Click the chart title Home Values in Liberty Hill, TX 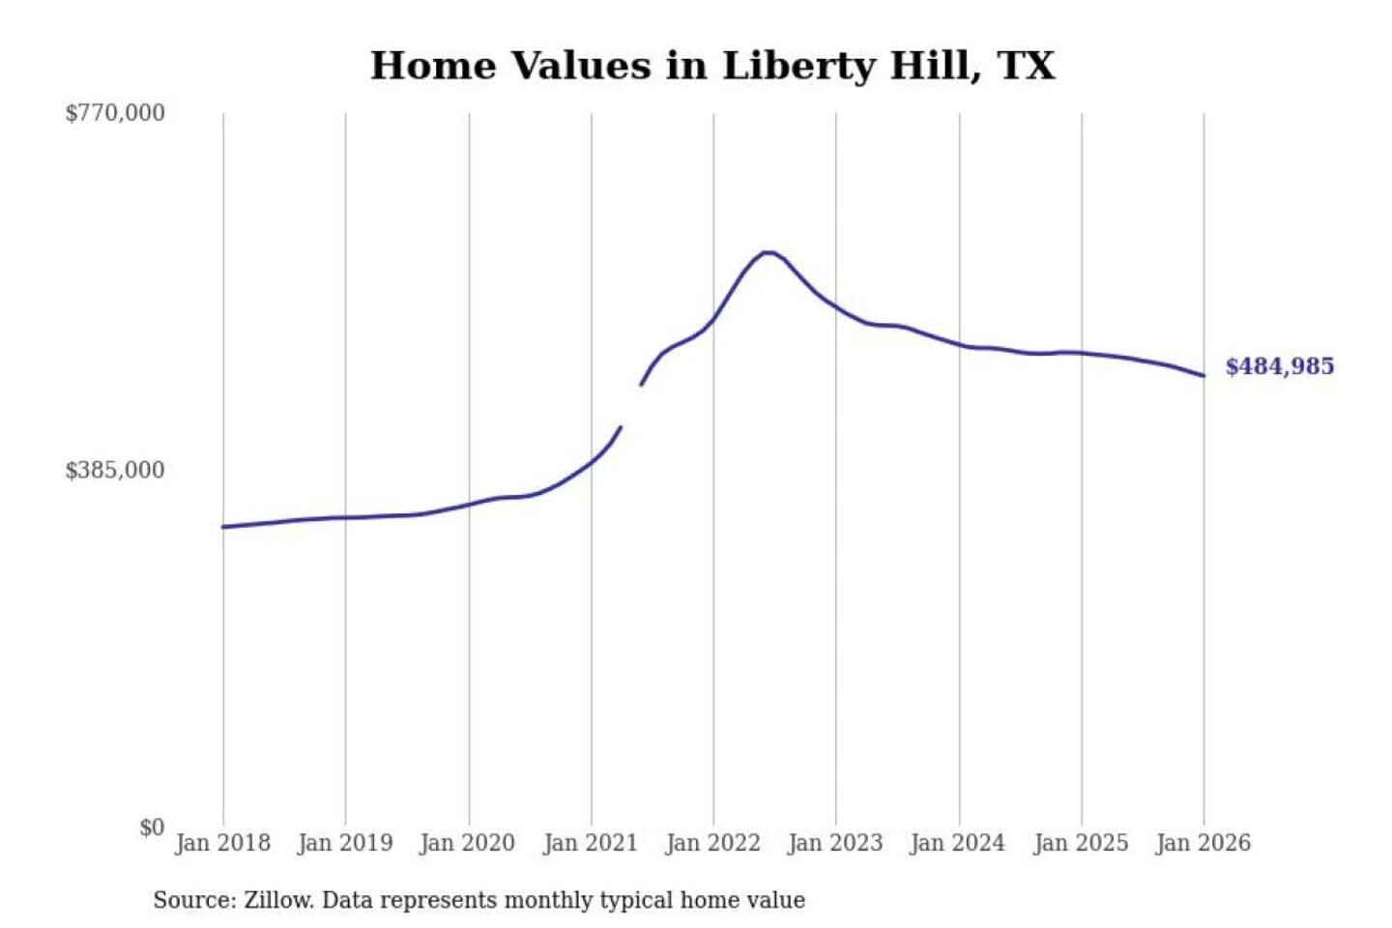(712, 66)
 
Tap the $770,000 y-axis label (115, 113)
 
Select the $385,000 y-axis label (115, 471)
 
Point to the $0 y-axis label (152, 827)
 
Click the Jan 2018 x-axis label (222, 843)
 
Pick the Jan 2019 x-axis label (345, 843)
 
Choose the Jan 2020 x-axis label (468, 843)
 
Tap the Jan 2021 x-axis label (591, 843)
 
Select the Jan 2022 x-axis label (713, 843)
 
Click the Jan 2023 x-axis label (836, 843)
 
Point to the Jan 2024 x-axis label (958, 843)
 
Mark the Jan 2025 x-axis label (1081, 843)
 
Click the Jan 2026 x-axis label (1203, 843)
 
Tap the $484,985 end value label (1280, 366)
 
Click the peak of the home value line (768, 252)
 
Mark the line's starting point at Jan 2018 (223, 527)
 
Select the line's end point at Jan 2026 (1203, 375)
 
